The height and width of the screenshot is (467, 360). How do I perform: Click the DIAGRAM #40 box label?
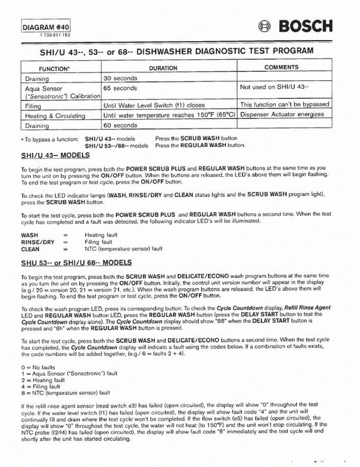46,28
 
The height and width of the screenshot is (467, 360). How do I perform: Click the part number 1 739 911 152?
55,35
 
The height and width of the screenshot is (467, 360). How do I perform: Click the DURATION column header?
163,68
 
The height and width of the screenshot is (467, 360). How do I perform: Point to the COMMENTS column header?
281,67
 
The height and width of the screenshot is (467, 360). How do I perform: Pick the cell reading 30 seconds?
120,78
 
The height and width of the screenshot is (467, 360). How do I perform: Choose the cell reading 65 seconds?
120,88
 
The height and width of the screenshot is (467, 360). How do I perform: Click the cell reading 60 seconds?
120,125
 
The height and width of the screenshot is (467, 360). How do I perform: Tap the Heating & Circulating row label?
55,116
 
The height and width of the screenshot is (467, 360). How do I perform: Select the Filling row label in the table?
33,106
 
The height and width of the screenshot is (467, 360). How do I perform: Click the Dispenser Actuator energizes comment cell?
282,114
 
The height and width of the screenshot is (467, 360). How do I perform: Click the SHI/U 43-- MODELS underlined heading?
55,156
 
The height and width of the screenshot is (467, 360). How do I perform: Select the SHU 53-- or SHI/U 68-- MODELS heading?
76,263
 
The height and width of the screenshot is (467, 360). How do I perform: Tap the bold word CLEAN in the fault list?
30,249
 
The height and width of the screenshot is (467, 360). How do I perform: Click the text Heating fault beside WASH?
101,235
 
